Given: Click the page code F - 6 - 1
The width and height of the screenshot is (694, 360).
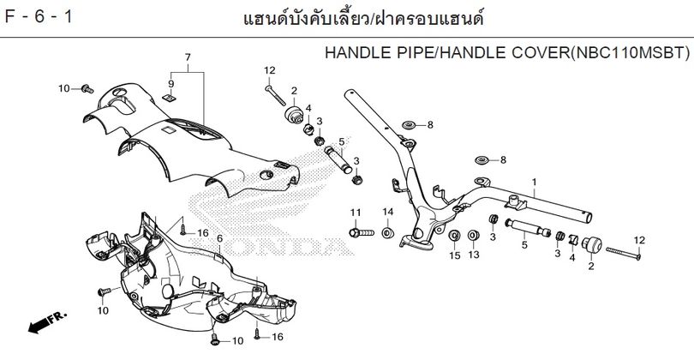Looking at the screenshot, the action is tap(38, 17).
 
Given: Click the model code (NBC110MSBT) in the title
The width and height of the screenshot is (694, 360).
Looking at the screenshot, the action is tap(629, 52).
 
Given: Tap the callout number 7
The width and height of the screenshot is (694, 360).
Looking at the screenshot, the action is tap(188, 57).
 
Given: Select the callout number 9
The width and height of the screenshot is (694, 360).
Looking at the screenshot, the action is tap(171, 84).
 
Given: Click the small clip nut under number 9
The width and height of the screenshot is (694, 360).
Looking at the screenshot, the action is tap(168, 97).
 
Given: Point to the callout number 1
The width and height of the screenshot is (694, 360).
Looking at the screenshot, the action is tap(535, 182).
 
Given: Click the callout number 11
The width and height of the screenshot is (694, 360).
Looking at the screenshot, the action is tap(356, 213).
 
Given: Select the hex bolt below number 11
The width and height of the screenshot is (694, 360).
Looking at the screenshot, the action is tap(362, 232).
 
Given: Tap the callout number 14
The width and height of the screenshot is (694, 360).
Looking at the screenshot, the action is tap(388, 212).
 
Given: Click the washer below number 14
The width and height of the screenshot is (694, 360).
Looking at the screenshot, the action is tap(388, 232).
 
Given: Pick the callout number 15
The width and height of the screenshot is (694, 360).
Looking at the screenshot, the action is tap(455, 255).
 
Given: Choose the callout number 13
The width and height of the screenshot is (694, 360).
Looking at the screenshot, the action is tap(474, 255).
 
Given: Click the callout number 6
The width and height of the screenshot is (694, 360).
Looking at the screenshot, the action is tap(219, 238).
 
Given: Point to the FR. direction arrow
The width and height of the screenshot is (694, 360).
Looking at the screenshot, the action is tap(47, 322).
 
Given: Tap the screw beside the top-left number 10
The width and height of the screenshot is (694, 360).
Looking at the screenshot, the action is tap(87, 89).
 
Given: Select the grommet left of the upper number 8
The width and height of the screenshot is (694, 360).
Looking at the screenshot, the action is tap(408, 125).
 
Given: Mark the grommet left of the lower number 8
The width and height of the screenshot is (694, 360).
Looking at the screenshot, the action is tap(482, 159).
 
